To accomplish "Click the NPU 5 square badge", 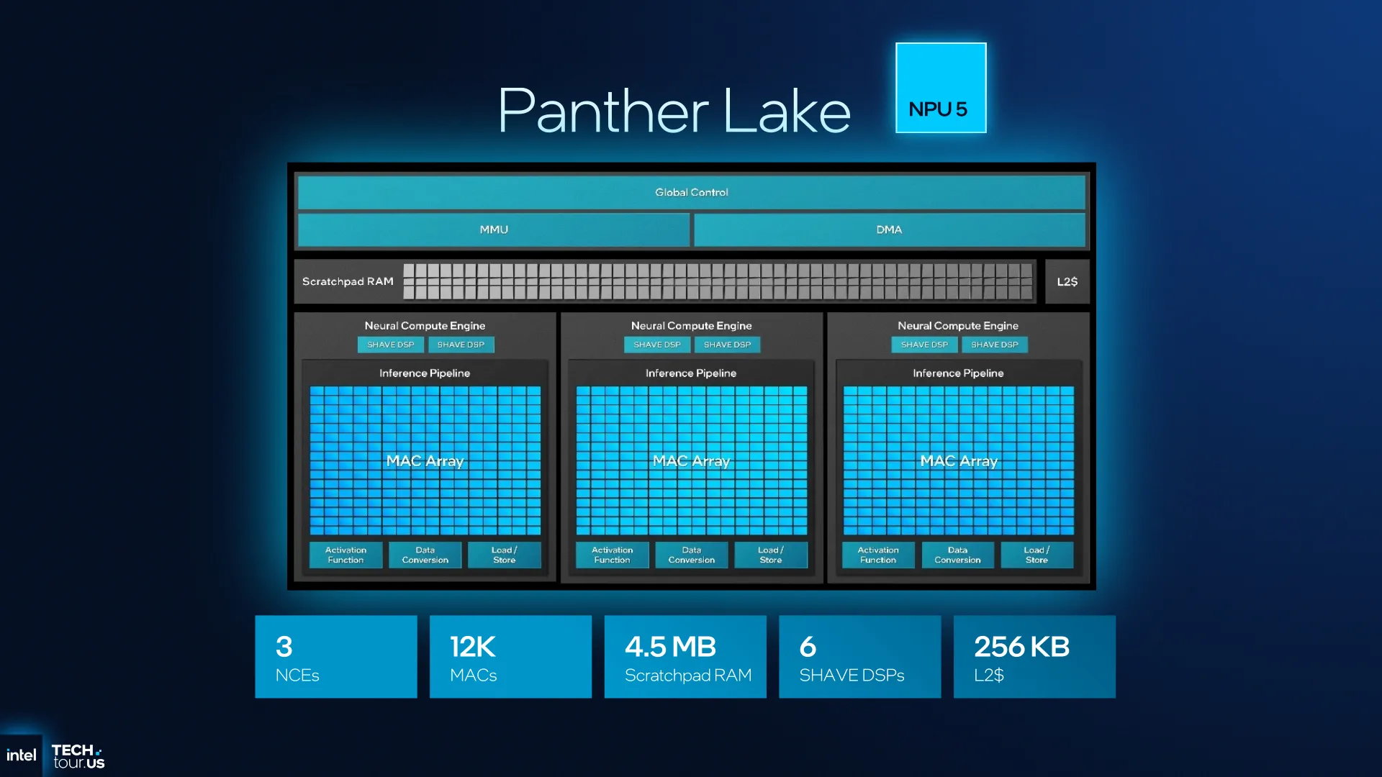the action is pos(941,88).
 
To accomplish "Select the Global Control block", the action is pos(691,192).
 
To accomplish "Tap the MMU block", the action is pos(494,230).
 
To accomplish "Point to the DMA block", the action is pos(889,230).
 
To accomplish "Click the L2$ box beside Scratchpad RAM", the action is pos(1067,281).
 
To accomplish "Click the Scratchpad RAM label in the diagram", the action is pos(348,281).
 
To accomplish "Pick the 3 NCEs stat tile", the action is pos(336,656).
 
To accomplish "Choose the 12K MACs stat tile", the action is pos(510,656).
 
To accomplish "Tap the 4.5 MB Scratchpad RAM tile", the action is pos(685,656).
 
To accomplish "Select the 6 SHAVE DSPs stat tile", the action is pos(859,656).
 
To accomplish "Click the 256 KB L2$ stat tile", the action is pos(1034,656).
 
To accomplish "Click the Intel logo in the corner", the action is pos(21,755).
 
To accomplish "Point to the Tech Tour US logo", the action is pos(78,757).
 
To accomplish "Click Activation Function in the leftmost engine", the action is pos(345,555).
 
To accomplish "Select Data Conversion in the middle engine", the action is pos(691,555).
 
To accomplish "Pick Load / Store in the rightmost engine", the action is pos(1036,555).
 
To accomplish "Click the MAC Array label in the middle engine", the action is pos(691,460).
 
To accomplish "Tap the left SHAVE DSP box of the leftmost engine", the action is pos(391,345).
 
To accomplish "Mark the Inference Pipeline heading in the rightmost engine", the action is pos(958,373).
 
